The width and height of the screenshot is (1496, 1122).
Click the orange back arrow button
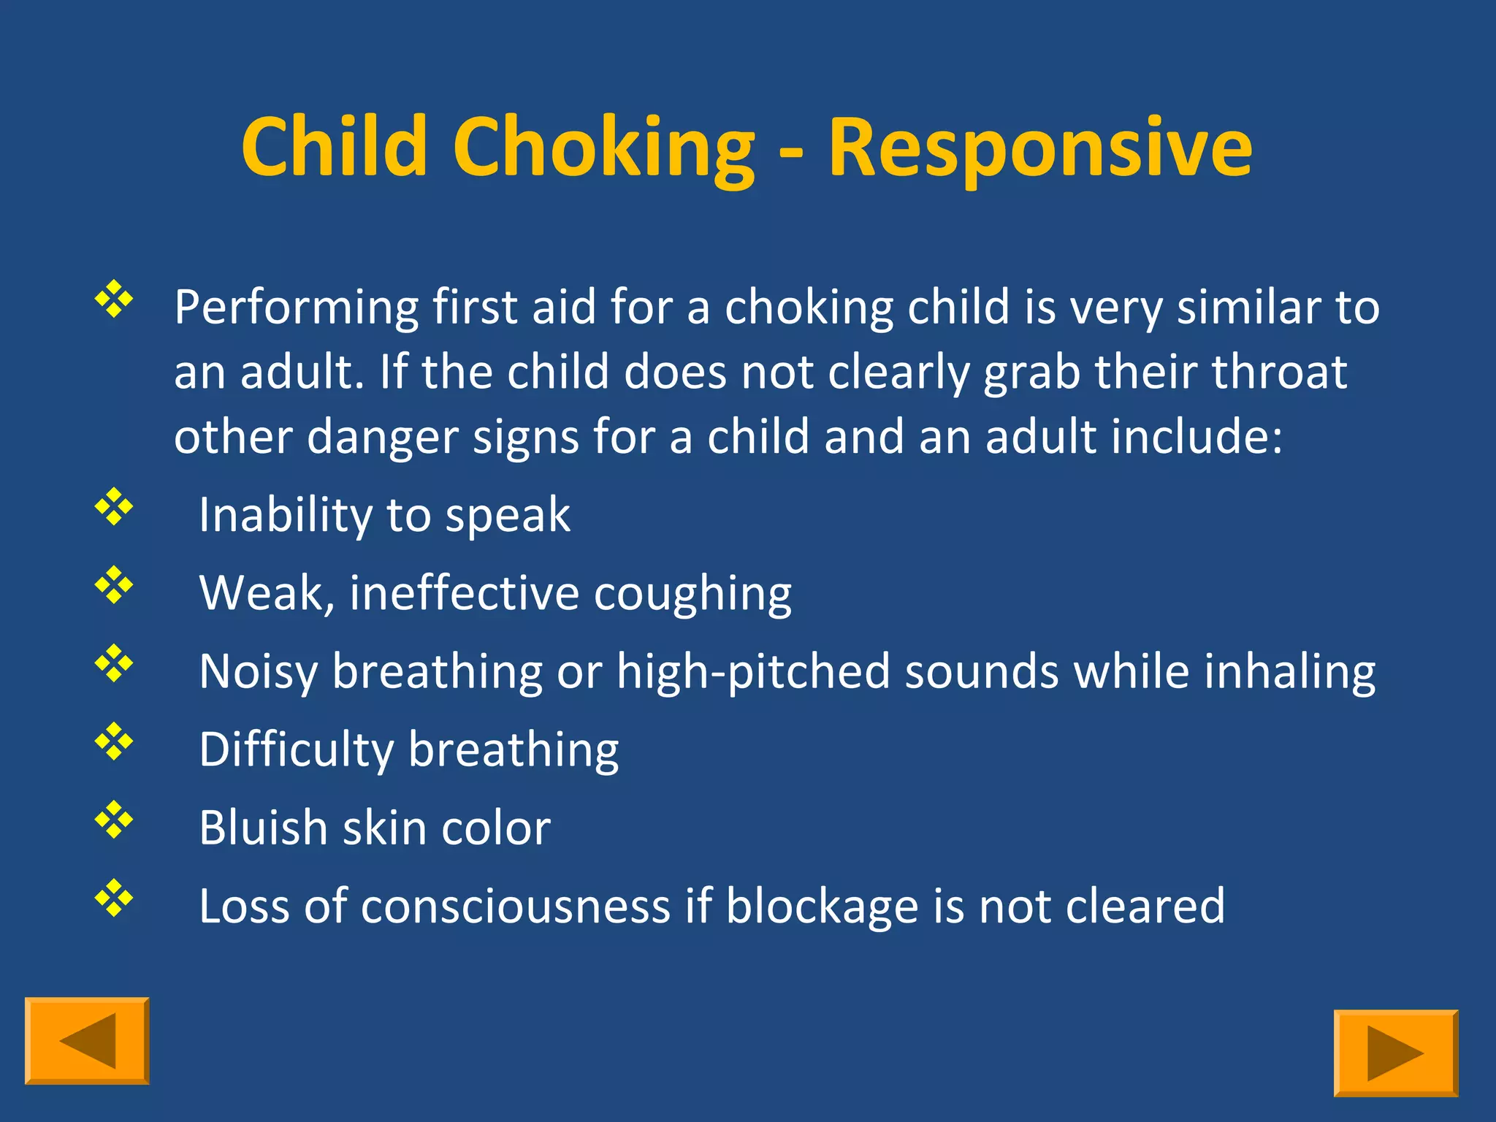(87, 1040)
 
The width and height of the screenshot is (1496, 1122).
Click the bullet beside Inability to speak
(114, 506)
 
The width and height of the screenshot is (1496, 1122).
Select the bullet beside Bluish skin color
(114, 819)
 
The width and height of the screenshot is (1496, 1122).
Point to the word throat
(1279, 372)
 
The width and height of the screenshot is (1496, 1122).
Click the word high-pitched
(753, 672)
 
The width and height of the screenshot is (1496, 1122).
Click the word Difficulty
(296, 751)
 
